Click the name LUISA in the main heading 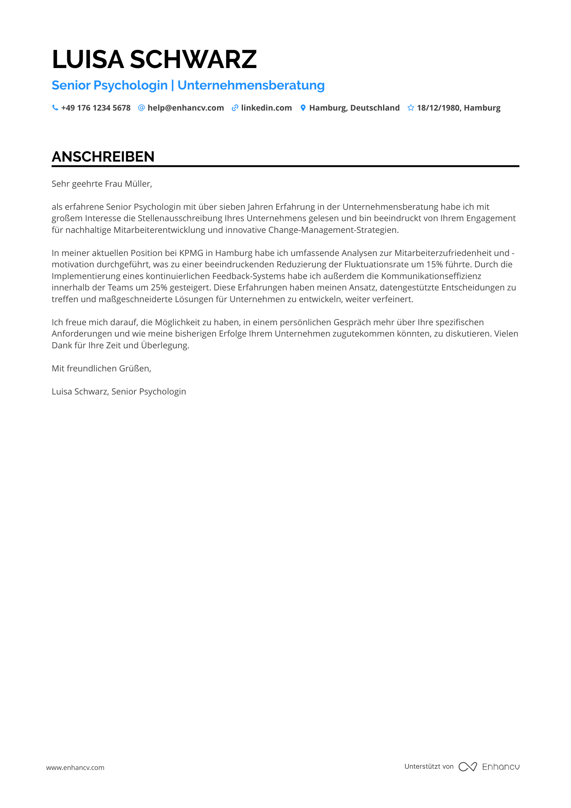87,60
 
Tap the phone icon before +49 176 55,108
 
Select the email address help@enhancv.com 185,108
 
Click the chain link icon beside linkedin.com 234,108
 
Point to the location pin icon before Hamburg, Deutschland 303,108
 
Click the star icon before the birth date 411,108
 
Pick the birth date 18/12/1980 438,108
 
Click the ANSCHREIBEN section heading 103,157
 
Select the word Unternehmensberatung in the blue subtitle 251,85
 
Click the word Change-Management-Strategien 333,230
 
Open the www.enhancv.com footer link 75,767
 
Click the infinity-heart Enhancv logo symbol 467,767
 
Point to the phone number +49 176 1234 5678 96,108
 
